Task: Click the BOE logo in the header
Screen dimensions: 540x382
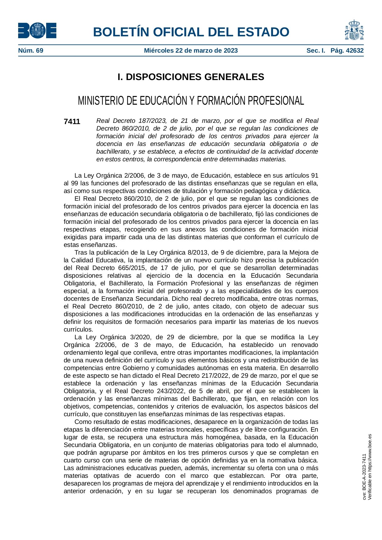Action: tap(37, 30)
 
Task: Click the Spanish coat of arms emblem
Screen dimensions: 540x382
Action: tap(354, 30)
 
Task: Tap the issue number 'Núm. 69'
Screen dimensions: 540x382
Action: tap(31, 50)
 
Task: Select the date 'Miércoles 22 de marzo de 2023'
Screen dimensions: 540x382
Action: tap(191, 50)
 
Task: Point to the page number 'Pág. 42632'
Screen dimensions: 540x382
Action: tap(347, 50)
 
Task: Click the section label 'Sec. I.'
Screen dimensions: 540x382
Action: tap(316, 50)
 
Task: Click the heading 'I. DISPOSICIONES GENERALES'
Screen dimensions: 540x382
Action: tap(191, 77)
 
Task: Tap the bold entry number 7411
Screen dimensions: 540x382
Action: tap(72, 122)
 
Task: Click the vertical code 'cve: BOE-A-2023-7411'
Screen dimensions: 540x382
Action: tap(364, 477)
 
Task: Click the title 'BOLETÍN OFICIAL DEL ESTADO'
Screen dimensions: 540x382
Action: tap(191, 32)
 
